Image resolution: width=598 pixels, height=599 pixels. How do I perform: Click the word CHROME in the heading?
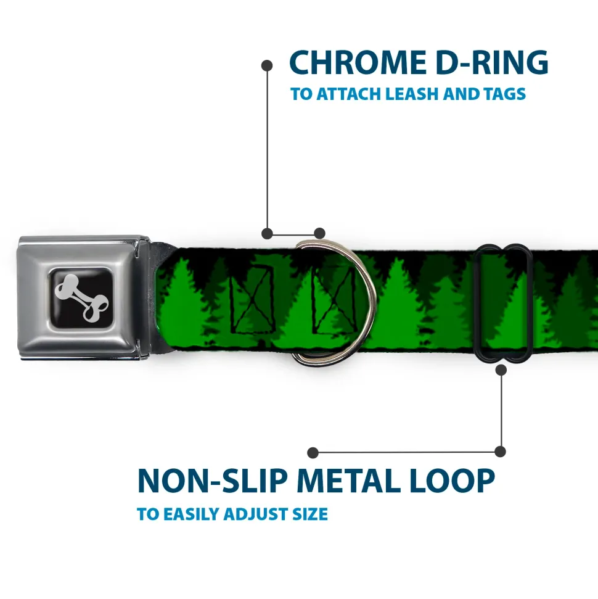click(358, 62)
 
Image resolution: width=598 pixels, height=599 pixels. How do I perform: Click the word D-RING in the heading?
click(492, 62)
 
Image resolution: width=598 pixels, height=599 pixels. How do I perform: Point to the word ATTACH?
click(349, 94)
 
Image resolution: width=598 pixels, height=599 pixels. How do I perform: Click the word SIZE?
click(310, 514)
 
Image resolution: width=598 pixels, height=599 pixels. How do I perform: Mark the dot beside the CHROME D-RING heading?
click(267, 66)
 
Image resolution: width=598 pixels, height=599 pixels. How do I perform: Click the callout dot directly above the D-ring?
click(319, 233)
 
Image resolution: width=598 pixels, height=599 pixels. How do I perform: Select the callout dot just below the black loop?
click(501, 370)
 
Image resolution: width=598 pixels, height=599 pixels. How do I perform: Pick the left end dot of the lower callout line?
click(313, 453)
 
